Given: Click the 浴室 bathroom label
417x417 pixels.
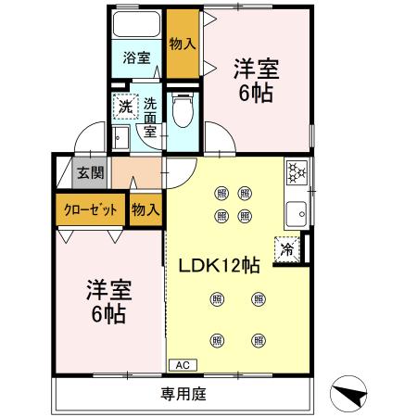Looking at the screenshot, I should pos(136,57).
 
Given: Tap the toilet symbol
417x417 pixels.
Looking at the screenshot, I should pos(182,114).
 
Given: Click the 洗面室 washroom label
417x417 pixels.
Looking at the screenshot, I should pos(149,113).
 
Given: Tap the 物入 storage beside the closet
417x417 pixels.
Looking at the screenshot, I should pos(145,210).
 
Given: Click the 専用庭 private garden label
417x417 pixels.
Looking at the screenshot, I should pos(183,393).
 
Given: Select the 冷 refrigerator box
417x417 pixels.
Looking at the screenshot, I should pos(287,248).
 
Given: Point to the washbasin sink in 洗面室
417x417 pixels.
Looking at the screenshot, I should pos(121,139).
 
